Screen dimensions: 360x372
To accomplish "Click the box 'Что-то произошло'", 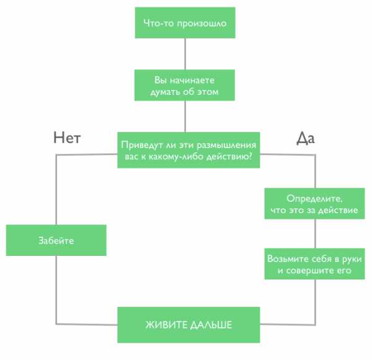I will click(x=185, y=24).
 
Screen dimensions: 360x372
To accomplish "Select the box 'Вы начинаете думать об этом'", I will click(x=185, y=86).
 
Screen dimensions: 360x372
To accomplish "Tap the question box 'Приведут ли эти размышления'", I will click(x=188, y=150).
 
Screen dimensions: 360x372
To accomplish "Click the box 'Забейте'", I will click(x=56, y=241).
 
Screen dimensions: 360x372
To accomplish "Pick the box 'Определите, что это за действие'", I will click(x=314, y=204).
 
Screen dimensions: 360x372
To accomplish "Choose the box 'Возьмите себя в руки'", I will click(x=315, y=264).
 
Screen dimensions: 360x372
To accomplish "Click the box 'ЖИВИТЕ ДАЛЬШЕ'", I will click(x=188, y=325).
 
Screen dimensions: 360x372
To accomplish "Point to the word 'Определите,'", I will click(x=314, y=199).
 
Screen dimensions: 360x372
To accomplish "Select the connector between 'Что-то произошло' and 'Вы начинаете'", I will click(x=185, y=55).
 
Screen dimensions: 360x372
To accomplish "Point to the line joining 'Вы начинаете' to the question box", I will click(x=185, y=116).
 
